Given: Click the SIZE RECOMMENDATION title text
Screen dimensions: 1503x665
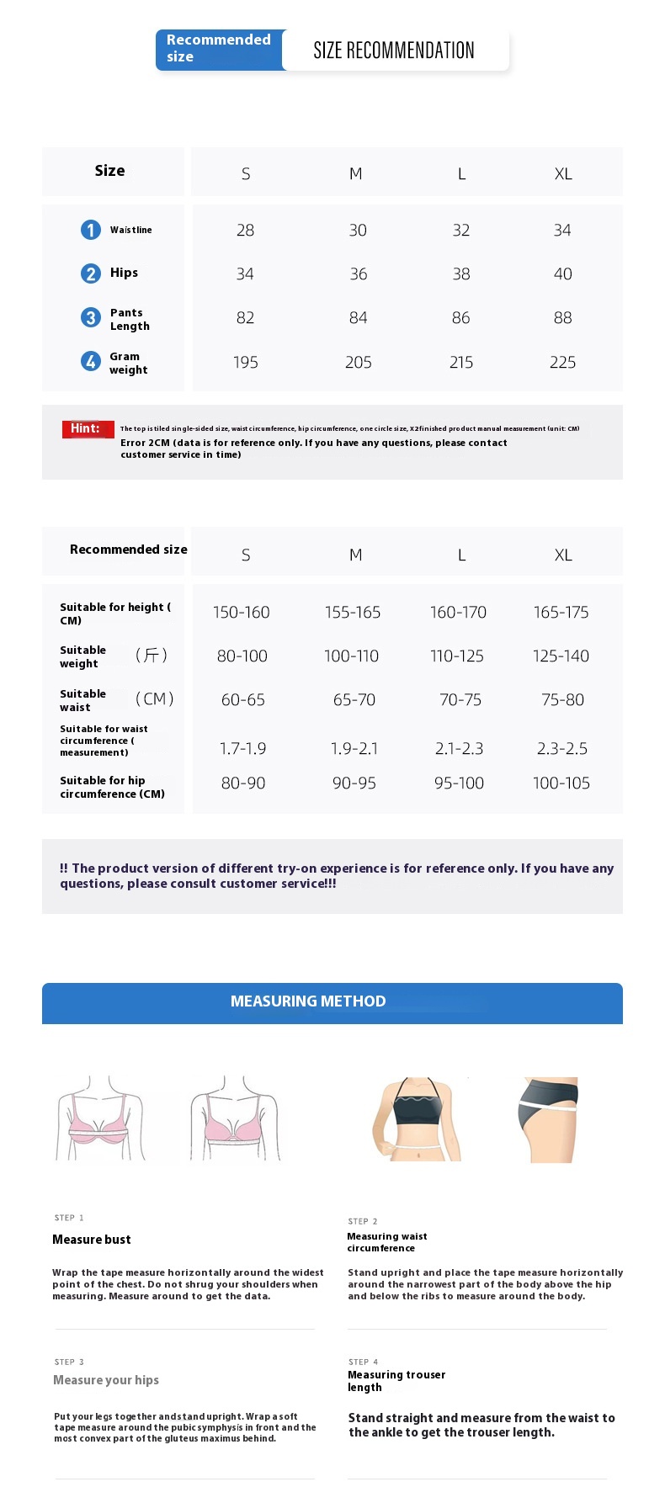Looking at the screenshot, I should pos(393,50).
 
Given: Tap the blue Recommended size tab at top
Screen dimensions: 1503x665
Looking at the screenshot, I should pos(218,48).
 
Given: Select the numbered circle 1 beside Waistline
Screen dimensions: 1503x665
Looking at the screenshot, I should pos(91,230).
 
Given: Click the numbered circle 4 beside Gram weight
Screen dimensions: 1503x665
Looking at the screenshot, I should pos(91,361).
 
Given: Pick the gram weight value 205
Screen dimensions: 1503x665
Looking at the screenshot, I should pos(358,363).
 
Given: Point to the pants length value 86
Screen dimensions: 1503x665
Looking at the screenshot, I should pos(460,318).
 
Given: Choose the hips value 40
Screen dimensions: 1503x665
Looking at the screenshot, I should pos(562,274).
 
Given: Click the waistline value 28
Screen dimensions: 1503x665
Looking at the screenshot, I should pos(245,231).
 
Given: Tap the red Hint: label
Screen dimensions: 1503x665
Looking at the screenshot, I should pos(87,429).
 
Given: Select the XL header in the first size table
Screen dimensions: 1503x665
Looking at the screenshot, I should pos(563,174).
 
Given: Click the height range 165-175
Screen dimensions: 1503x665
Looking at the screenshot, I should pos(561,613).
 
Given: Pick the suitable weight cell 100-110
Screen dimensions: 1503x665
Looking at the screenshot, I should pos(351,656).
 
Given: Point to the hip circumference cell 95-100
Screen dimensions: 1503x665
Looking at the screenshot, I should pos(459,783).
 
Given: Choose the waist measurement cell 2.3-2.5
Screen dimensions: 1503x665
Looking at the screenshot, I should pos(562,749).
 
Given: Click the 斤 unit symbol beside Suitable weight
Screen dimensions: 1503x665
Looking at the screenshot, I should pos(152,656).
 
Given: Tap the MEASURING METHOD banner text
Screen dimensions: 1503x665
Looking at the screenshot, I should pos(308,1001).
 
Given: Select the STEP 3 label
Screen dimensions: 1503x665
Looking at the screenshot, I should pos(69,1362).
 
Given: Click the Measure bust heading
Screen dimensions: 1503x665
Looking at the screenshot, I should pos(92,1240).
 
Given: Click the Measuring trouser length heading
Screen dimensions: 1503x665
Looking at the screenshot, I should pos(396,1381).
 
